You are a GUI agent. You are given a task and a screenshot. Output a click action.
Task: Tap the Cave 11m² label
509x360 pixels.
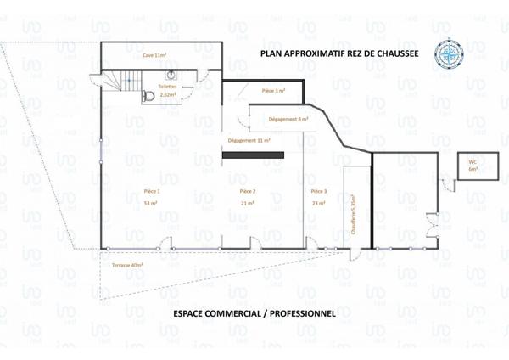coord(154,53)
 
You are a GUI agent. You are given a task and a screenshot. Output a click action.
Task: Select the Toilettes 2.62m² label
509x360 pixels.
coord(168,91)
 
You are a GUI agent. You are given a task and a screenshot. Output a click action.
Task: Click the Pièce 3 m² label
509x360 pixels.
coord(273,90)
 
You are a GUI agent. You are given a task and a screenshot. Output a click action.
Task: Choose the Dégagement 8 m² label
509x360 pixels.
coord(288,120)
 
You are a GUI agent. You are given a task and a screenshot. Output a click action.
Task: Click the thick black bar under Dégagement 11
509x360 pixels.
coord(253,155)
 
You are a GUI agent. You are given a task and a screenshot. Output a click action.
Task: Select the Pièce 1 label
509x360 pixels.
coord(152,192)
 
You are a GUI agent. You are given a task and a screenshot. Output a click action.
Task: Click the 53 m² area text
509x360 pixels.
coord(152,204)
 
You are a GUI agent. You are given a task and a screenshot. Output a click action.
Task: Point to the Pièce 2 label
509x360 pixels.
coord(248,192)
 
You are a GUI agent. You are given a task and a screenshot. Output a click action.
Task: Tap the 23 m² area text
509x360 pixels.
coord(319,204)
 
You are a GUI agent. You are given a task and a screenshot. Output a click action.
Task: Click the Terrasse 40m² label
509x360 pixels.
coord(127,266)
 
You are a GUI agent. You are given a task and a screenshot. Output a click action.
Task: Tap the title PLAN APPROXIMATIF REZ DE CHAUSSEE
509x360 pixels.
coord(334,53)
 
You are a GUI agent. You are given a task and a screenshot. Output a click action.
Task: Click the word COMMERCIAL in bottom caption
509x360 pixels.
coord(239,313)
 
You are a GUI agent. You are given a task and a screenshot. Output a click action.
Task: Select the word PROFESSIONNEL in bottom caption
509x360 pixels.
coord(306,313)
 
